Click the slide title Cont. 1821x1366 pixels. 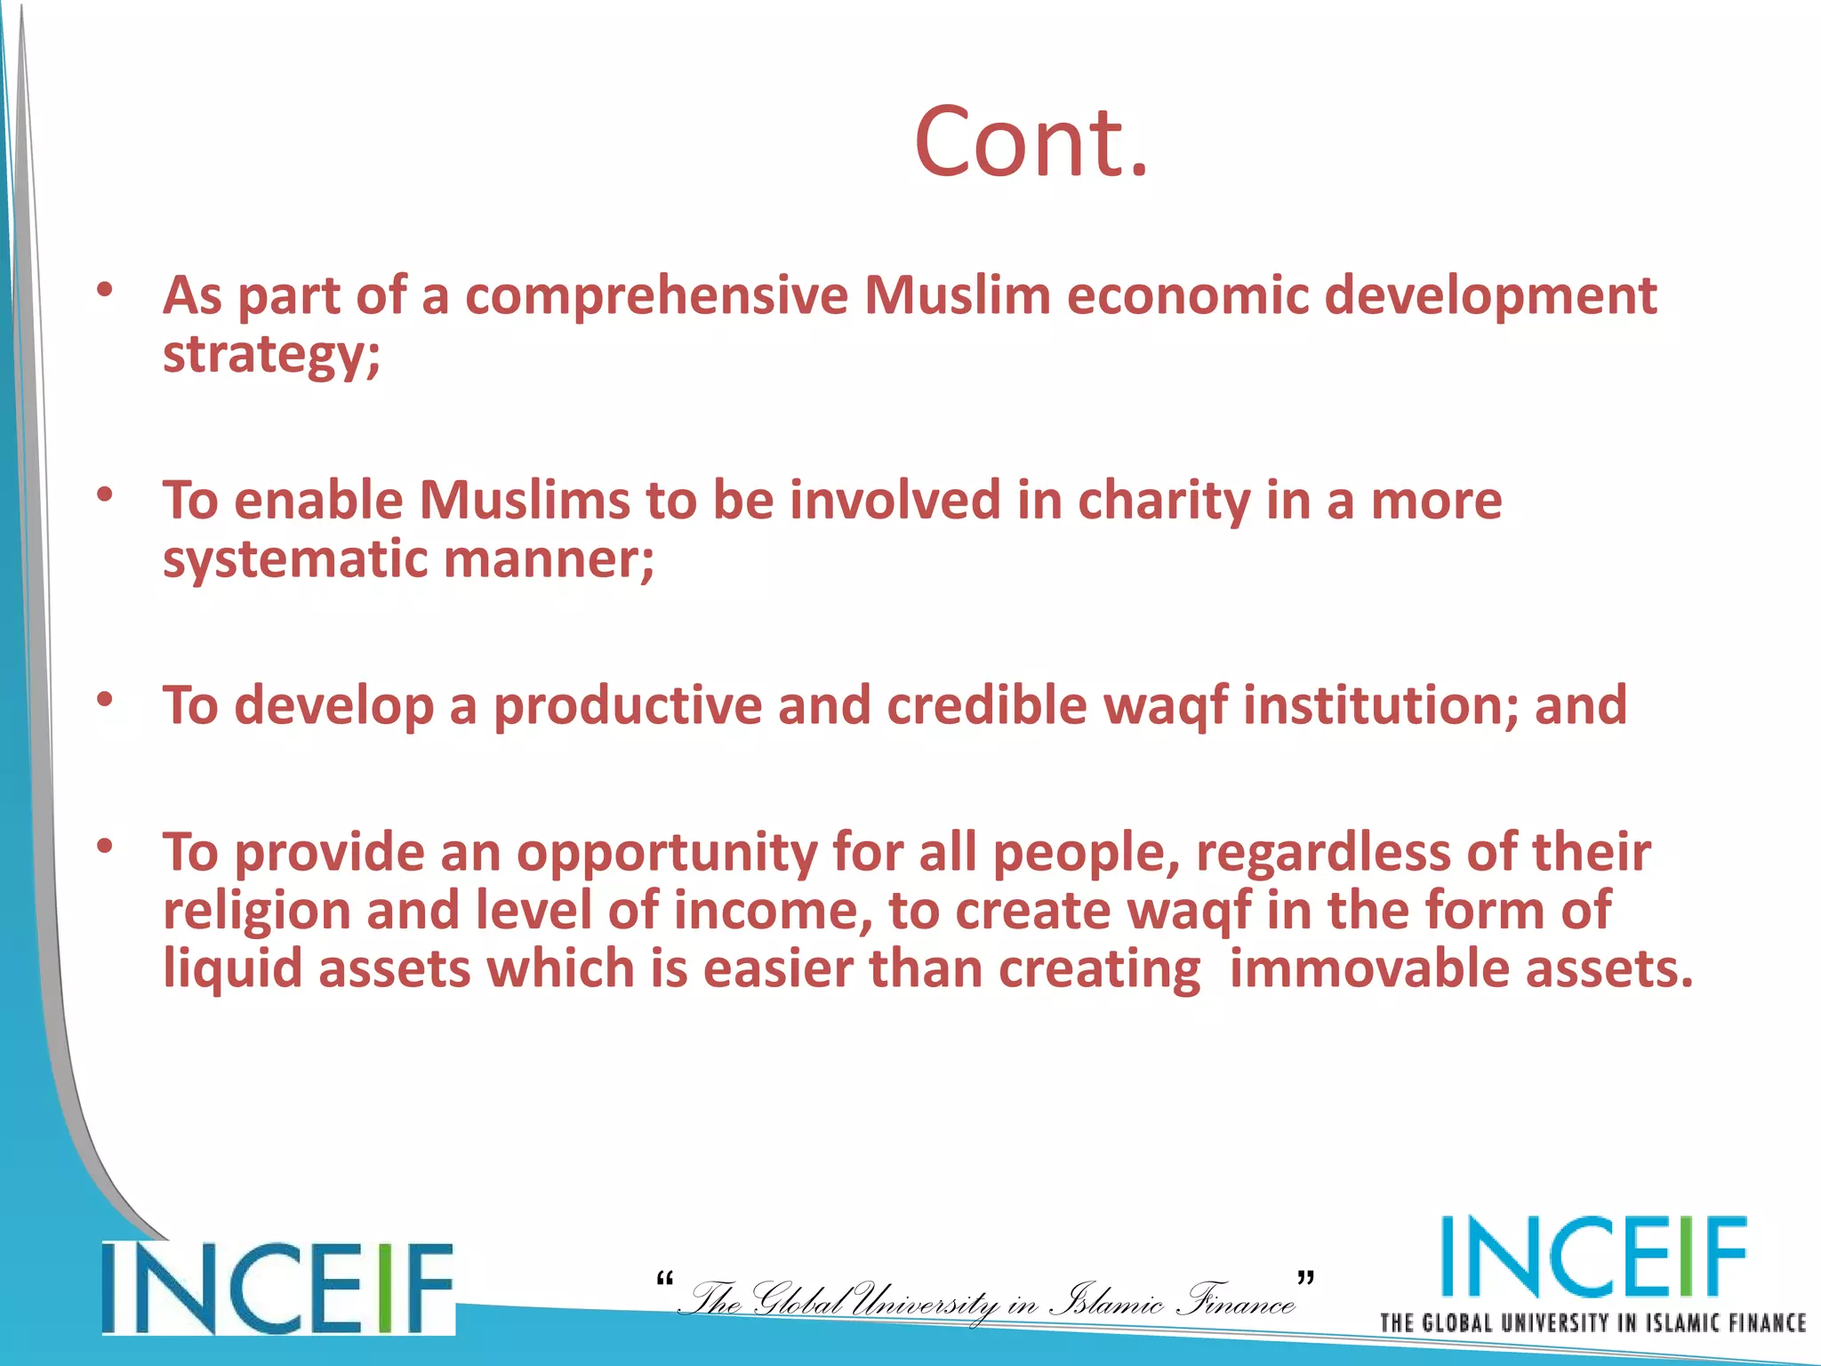point(1031,142)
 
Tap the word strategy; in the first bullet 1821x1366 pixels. point(271,355)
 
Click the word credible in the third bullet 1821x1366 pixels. point(987,706)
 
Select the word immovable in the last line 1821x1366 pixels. point(1369,968)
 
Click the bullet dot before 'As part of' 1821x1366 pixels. point(106,289)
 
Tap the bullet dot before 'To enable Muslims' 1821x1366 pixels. point(106,494)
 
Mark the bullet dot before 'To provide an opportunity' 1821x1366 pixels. point(106,846)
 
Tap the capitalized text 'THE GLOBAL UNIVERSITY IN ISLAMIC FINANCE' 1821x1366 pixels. point(1592,1323)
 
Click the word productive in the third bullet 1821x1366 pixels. point(628,706)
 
